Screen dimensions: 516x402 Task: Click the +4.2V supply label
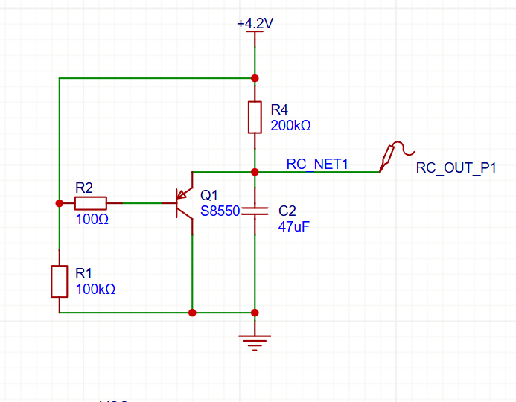[x=255, y=23]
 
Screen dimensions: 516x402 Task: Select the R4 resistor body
[x=255, y=118]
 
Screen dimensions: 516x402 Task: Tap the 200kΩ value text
[x=290, y=125]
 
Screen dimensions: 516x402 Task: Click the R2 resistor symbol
[x=91, y=203]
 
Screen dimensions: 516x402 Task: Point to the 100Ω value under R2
[x=92, y=219]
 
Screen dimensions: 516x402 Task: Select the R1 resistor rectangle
[x=60, y=281]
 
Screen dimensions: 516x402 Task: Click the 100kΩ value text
[x=95, y=289]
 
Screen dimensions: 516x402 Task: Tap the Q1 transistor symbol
[x=185, y=203]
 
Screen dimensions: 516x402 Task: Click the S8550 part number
[x=220, y=211]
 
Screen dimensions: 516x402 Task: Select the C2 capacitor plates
[x=255, y=211]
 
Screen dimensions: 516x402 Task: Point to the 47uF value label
[x=294, y=226]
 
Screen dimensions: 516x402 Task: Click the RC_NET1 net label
[x=317, y=164]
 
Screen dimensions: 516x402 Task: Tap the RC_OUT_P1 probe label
[x=456, y=167]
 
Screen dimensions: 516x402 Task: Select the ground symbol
[x=255, y=343]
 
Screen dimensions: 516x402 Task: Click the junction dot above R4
[x=255, y=78]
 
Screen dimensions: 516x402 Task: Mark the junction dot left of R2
[x=60, y=203]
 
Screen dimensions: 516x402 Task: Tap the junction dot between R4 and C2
[x=255, y=172]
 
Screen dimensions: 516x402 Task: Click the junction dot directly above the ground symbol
[x=255, y=313]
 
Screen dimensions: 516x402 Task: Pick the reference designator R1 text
[x=83, y=273]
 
